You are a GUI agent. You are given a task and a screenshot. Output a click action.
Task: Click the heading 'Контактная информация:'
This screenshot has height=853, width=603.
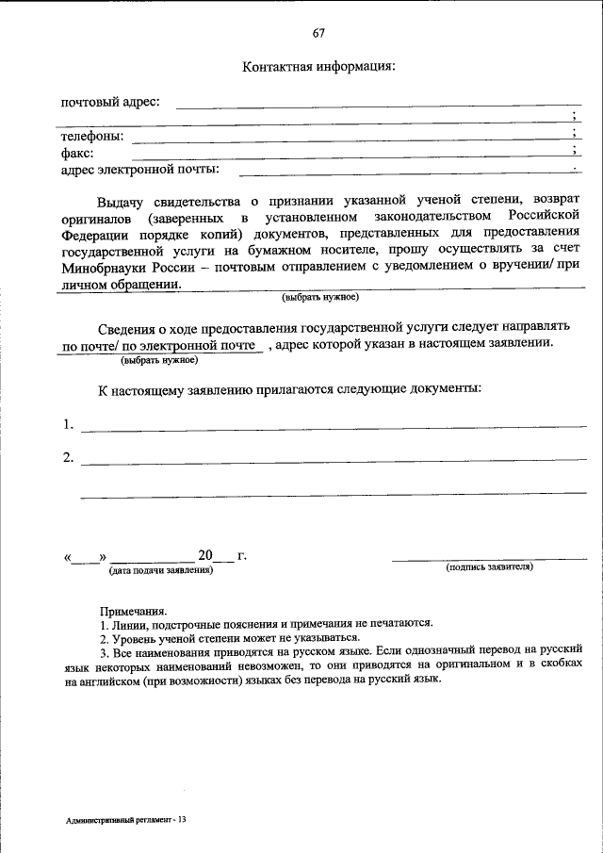[x=318, y=67]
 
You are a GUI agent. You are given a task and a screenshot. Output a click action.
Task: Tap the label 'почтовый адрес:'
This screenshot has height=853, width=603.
[x=110, y=102]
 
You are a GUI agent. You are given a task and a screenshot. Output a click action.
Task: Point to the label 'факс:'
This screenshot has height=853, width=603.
[x=77, y=154]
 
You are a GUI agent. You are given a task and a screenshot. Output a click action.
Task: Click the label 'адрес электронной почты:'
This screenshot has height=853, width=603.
[x=140, y=170]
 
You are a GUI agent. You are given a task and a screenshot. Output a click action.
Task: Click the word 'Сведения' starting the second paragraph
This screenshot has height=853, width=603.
[x=126, y=328]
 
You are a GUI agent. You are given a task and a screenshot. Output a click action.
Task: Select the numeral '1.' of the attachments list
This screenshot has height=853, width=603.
[x=69, y=424]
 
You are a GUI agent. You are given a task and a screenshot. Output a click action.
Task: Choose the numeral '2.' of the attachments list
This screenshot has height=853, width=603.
[x=69, y=458]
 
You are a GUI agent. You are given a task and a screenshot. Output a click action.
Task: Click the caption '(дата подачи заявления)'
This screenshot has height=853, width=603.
[x=161, y=570]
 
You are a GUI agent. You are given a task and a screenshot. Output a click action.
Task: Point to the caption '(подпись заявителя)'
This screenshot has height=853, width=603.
[x=489, y=567]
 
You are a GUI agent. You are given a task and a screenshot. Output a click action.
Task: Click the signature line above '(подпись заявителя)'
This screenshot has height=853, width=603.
[x=489, y=559]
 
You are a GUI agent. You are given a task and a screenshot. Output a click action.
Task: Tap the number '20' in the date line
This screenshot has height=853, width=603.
[x=205, y=555]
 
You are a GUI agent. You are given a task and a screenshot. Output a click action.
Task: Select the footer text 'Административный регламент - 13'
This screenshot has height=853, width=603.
[x=125, y=820]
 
